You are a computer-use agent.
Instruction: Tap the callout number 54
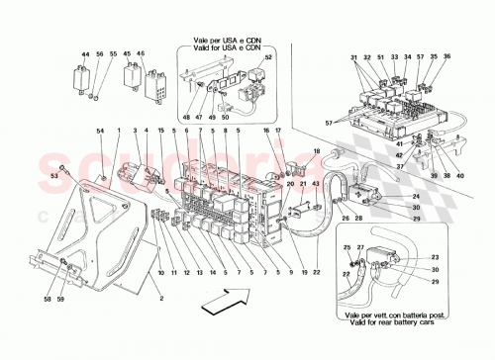100,132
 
